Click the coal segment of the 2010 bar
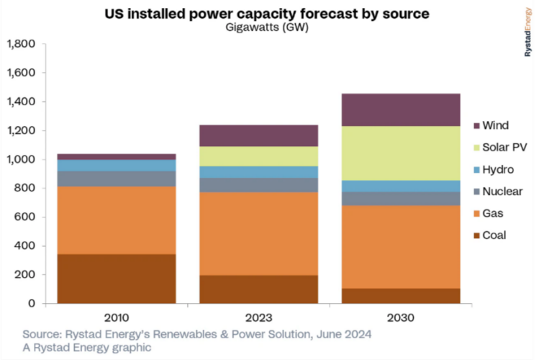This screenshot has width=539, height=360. tap(117, 279)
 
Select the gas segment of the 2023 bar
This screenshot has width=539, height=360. tap(258, 233)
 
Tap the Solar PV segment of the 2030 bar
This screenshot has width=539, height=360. tap(401, 153)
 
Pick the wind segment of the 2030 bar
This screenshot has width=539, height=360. tap(401, 109)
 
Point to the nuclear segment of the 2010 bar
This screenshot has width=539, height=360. tap(117, 179)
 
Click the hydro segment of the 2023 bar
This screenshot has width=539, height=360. tap(258, 172)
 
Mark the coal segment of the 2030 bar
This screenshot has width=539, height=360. tap(401, 296)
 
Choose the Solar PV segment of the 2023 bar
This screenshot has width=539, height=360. tap(258, 156)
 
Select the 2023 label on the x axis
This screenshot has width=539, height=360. tap(258, 318)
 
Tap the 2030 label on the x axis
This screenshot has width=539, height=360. tap(401, 318)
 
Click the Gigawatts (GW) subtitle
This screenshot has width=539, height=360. tap(257, 28)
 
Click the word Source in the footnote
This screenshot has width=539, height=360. tap(40, 335)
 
